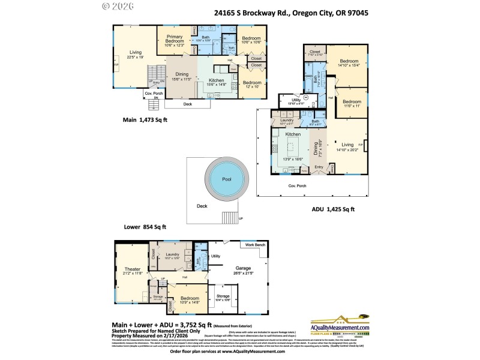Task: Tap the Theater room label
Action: point(132,270)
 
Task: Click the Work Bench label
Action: point(254,245)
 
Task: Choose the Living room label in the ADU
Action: point(348,145)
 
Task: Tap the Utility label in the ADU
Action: point(296,100)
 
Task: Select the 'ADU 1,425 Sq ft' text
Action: point(333,209)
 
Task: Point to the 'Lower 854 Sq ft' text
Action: point(145,227)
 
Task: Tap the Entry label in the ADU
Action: point(319,167)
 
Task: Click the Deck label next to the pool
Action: point(202,206)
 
